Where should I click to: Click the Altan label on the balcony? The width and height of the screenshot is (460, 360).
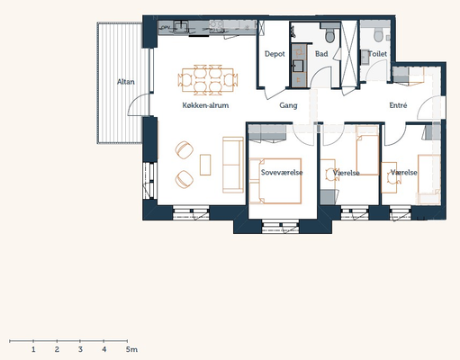click(x=126, y=82)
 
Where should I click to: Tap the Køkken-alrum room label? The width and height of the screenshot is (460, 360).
click(x=205, y=105)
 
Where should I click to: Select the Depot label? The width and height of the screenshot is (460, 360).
click(x=275, y=54)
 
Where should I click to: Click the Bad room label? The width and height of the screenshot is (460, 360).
click(x=321, y=54)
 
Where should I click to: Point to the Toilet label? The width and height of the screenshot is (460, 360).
click(x=377, y=54)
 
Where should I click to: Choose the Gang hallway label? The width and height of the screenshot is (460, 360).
click(x=288, y=105)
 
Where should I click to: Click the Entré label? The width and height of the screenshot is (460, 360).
click(x=398, y=105)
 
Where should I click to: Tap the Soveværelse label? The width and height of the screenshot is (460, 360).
click(x=282, y=172)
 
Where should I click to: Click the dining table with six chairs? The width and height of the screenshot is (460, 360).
click(x=208, y=78)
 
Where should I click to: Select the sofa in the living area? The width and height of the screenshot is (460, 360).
click(x=233, y=165)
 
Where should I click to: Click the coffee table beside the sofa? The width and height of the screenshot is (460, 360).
click(x=205, y=165)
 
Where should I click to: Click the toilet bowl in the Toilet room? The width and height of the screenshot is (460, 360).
click(x=378, y=35)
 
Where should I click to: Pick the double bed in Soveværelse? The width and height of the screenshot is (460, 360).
click(x=275, y=181)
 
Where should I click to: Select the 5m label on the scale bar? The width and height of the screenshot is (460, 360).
click(x=131, y=349)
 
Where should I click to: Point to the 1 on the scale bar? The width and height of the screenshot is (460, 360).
click(x=33, y=349)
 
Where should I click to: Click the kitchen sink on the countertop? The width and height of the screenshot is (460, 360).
click(x=181, y=26)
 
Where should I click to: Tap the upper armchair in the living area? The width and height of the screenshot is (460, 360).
click(x=185, y=150)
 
